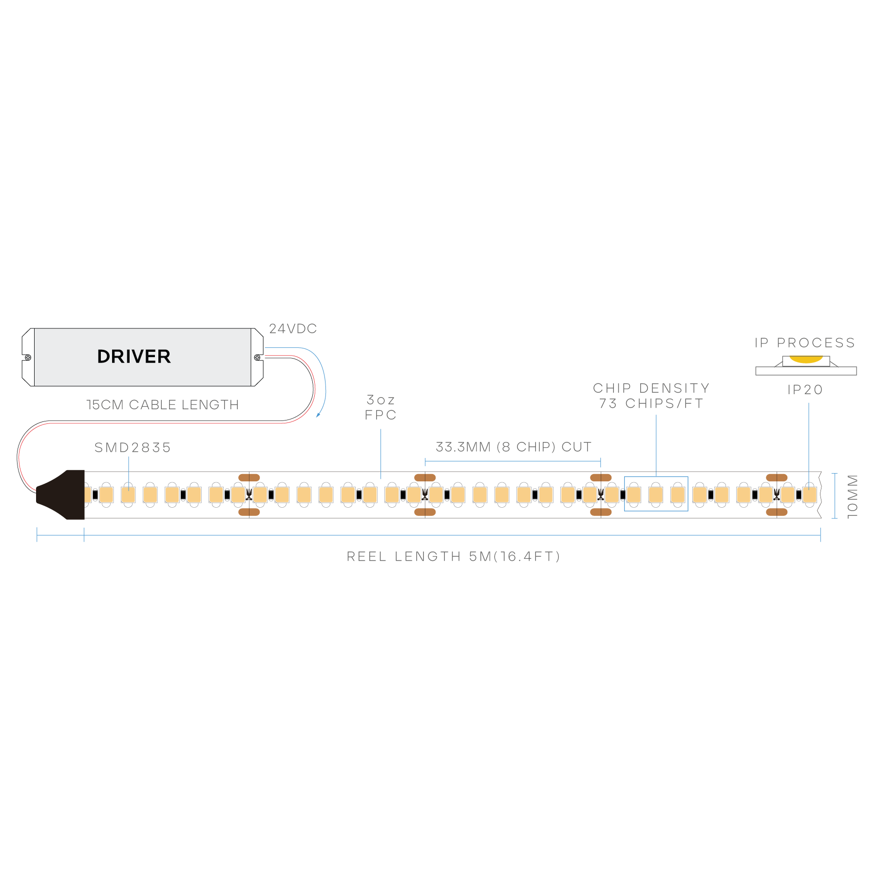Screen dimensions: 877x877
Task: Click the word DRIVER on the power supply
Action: click(x=134, y=357)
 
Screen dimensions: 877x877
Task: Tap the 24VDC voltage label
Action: click(x=293, y=329)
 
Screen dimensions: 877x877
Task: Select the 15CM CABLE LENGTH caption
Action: click(x=162, y=404)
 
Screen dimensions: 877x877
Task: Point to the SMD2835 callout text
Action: click(x=133, y=447)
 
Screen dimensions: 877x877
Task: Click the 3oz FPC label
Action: click(x=381, y=407)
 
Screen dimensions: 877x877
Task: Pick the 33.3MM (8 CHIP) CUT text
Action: click(x=514, y=447)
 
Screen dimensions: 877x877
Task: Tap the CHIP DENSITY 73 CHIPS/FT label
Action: click(x=651, y=396)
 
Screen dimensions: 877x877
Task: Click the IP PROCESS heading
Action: click(x=805, y=343)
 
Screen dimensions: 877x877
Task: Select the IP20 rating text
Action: click(x=805, y=390)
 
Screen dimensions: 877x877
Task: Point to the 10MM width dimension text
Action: click(x=852, y=496)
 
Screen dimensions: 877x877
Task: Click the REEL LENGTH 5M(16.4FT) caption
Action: click(x=453, y=556)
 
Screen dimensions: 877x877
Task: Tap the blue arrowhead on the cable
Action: click(x=319, y=414)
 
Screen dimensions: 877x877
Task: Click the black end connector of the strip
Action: click(x=61, y=495)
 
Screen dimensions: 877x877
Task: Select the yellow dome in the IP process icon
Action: click(x=806, y=360)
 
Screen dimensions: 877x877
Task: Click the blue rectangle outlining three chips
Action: click(x=656, y=477)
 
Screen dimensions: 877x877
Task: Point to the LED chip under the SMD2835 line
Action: click(x=128, y=495)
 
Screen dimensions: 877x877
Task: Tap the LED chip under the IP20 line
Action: click(x=809, y=495)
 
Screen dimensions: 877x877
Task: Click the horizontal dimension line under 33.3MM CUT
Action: click(x=513, y=461)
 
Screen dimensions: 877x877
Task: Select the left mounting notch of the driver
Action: click(x=27, y=358)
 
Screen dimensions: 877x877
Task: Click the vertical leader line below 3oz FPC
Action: click(x=381, y=453)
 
